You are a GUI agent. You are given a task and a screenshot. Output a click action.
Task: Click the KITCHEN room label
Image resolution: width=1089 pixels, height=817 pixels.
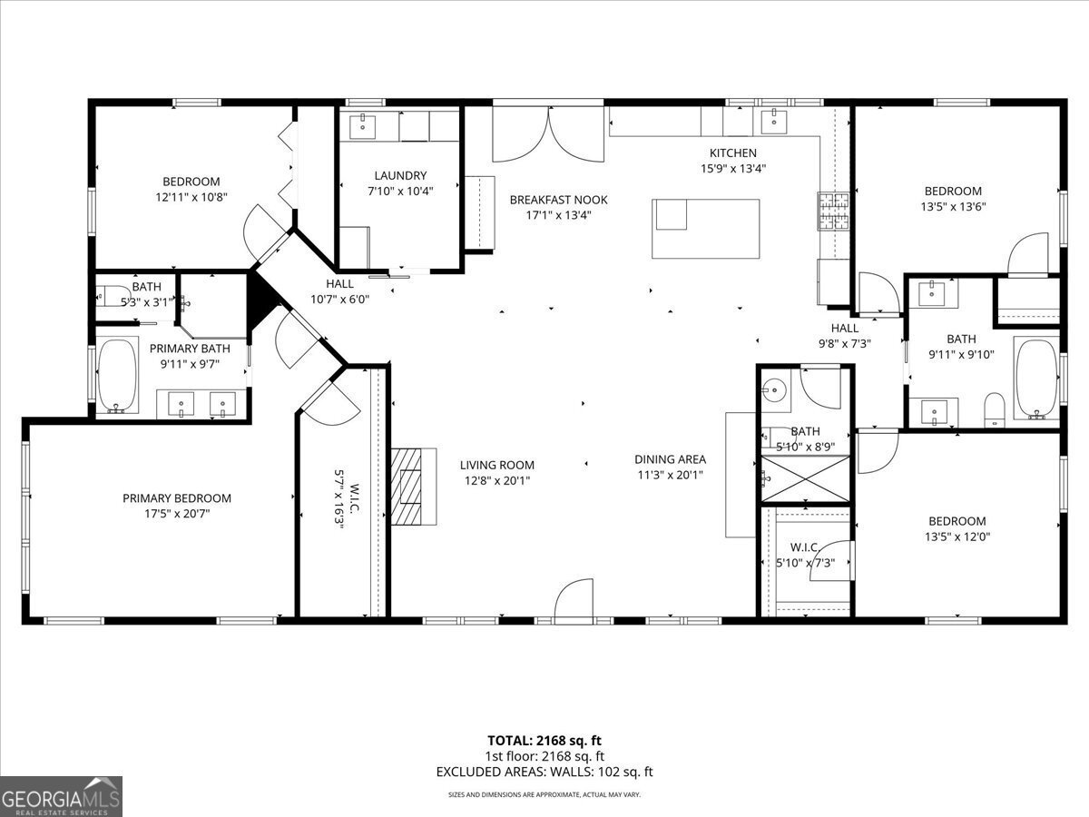pos(732,153)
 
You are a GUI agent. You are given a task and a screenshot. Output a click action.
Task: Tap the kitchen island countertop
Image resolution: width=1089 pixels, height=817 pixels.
pos(705,229)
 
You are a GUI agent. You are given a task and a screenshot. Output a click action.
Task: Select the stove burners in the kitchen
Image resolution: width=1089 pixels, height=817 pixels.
pos(833,212)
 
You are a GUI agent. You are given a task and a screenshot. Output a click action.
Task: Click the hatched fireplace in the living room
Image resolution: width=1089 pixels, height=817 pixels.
pos(406,487)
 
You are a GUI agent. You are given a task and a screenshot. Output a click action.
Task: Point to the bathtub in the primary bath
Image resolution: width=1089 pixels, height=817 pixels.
pos(117,376)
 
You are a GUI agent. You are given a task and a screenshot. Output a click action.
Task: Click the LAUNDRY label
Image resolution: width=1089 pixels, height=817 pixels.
pos(400,175)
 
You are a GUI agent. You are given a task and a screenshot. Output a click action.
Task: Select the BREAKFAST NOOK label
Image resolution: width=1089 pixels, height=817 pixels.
pos(559,200)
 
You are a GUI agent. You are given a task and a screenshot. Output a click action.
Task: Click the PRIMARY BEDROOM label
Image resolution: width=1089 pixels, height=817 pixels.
pos(177,498)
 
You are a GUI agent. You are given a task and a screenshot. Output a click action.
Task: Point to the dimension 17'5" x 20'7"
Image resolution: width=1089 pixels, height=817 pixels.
pos(177,514)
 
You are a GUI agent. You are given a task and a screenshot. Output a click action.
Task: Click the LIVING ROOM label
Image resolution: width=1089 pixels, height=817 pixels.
pos(497,465)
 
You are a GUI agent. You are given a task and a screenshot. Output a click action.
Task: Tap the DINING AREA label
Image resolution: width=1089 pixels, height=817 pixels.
pos(671,459)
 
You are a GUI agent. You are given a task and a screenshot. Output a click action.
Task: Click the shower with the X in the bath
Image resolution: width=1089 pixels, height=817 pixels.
pos(805,478)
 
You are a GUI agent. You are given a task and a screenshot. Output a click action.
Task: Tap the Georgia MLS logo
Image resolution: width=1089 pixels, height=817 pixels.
pos(61,797)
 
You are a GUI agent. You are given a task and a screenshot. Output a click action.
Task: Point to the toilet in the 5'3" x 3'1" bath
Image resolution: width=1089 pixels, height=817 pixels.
pos(105,296)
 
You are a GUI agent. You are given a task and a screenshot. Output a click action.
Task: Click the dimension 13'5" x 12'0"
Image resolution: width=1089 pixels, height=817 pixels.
pos(957,536)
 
